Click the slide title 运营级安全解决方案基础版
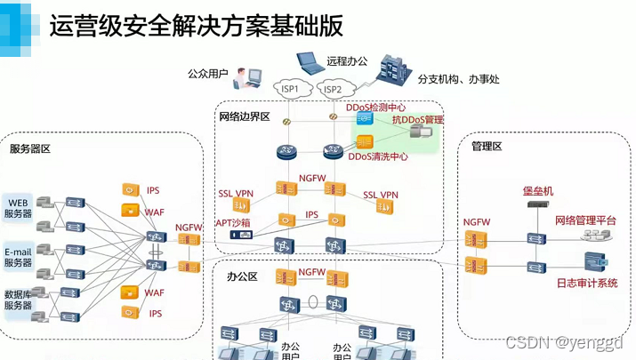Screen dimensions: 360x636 (196, 27)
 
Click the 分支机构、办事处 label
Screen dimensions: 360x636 (458, 79)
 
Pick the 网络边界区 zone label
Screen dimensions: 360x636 (244, 117)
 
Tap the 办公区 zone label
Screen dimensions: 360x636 (242, 277)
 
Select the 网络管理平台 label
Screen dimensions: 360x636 (585, 220)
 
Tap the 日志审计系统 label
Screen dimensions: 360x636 (586, 284)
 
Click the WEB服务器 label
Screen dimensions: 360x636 (19, 207)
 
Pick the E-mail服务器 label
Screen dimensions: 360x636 (19, 256)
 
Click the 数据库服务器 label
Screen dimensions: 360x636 (19, 300)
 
